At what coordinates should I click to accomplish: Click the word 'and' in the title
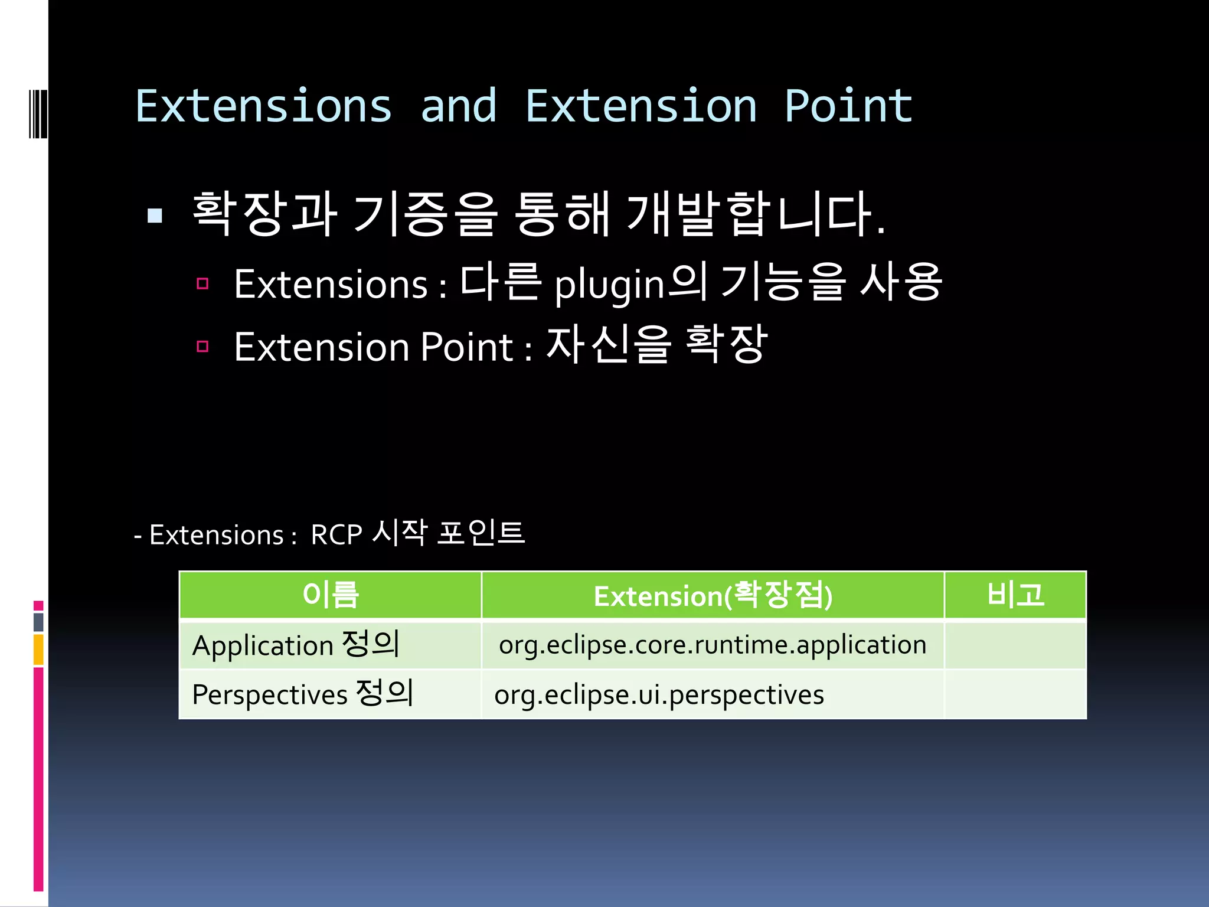(x=459, y=107)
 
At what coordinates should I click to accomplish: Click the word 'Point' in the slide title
(x=848, y=107)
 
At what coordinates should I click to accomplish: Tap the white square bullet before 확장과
(x=155, y=216)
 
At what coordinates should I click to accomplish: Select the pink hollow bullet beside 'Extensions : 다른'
(x=202, y=283)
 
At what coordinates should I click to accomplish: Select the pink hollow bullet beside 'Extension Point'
(x=202, y=346)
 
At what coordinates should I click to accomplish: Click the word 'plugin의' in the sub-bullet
(x=630, y=285)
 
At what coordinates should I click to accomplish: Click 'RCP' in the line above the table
(x=336, y=535)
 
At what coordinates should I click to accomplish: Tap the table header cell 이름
(x=330, y=595)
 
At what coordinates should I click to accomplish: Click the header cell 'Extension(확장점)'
(x=713, y=595)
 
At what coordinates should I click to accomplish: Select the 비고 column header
(x=1015, y=595)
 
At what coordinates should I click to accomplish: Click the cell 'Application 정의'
(x=296, y=644)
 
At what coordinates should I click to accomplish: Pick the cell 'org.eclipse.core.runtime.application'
(x=713, y=644)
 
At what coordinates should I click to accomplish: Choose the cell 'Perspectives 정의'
(x=302, y=694)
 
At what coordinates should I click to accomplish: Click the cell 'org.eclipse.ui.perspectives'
(x=659, y=695)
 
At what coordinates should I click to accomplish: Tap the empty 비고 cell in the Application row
(x=1015, y=644)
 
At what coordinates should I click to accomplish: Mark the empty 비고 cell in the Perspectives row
(x=1015, y=694)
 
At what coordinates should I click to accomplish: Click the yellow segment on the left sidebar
(x=38, y=650)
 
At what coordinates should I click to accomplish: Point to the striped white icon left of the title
(x=38, y=113)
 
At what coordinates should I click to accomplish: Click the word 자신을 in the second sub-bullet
(x=609, y=345)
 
